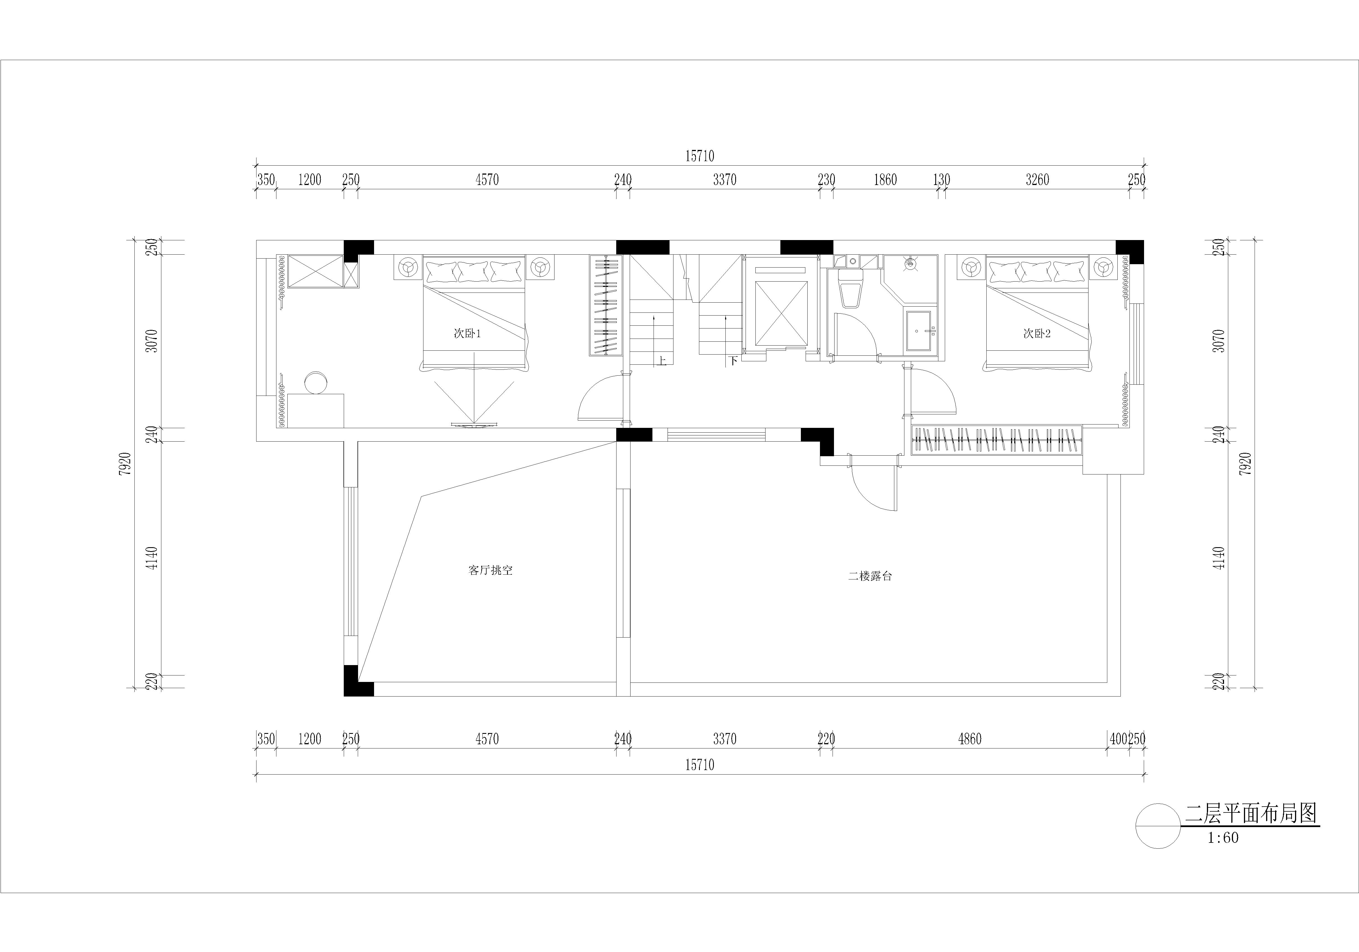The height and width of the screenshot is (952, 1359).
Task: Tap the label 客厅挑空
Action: click(490, 570)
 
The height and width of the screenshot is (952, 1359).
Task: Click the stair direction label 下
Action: click(733, 360)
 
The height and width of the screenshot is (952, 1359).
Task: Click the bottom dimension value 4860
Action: click(970, 739)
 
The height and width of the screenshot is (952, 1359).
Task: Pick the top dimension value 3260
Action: click(1037, 179)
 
